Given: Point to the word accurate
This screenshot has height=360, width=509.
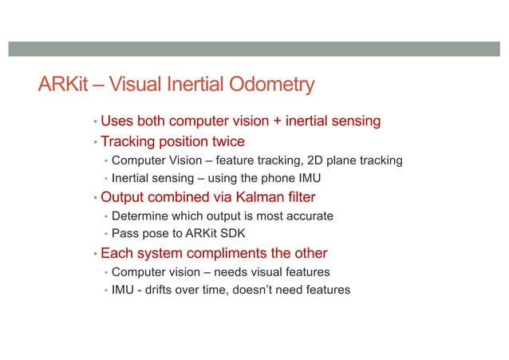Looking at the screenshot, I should pyautogui.click(x=306, y=216).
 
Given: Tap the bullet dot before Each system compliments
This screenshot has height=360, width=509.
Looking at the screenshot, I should pyautogui.click(x=94, y=255).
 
